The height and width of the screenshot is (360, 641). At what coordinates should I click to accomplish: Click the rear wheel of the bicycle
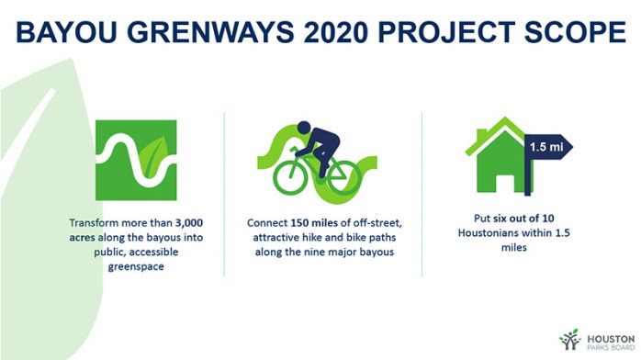(x=290, y=176)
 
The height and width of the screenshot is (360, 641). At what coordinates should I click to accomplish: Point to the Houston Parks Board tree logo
(x=570, y=339)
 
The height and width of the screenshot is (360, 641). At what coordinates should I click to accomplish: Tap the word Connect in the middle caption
(x=266, y=222)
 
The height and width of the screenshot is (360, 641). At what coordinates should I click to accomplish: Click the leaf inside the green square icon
(x=157, y=147)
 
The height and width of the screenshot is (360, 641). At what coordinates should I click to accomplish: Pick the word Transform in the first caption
(x=96, y=222)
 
